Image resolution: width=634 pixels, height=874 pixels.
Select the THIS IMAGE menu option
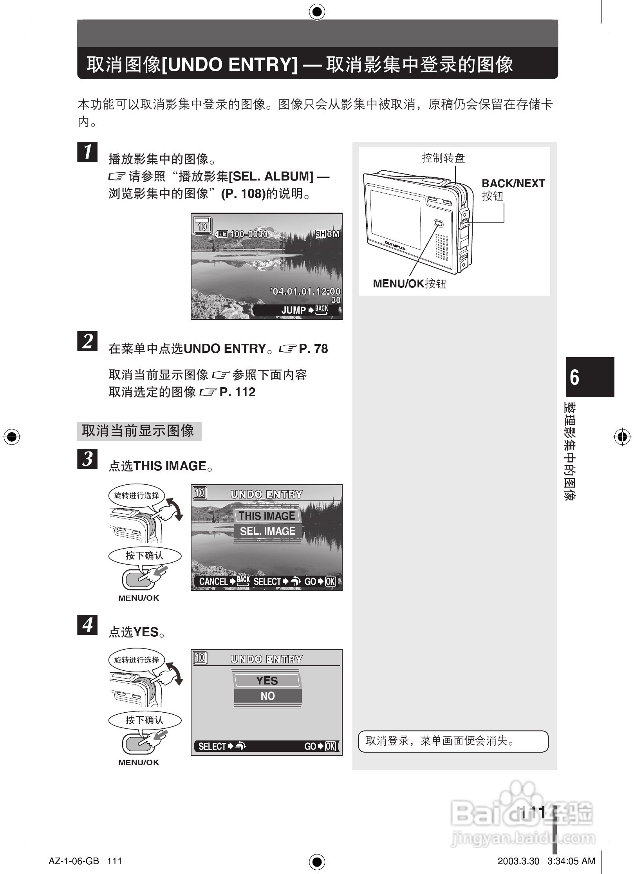tap(267, 516)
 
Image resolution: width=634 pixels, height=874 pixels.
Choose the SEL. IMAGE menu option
tap(267, 531)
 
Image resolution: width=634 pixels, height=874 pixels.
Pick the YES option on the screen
tap(267, 681)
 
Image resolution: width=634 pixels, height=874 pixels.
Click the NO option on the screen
tap(267, 696)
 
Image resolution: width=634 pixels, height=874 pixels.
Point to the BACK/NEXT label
tap(513, 184)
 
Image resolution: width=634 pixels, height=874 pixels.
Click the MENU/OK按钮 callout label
tap(410, 284)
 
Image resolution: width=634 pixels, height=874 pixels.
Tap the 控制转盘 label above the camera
tap(443, 158)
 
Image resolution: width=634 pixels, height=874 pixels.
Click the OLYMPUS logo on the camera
tap(395, 246)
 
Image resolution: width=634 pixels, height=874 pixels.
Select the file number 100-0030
tap(249, 234)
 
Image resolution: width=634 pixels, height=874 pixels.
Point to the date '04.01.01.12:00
tap(306, 291)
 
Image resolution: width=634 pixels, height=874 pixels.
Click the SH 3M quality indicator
tap(327, 234)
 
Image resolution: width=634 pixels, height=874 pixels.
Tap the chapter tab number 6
tap(574, 377)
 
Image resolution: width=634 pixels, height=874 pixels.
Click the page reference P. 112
tap(237, 392)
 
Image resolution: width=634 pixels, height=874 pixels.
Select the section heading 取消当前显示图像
tap(139, 431)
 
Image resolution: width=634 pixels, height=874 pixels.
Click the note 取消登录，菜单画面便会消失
tap(453, 741)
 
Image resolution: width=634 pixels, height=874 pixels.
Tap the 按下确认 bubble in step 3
tap(145, 555)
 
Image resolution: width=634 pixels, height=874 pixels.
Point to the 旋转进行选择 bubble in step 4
tap(137, 660)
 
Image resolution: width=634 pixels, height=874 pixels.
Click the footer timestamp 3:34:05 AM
tap(571, 861)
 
